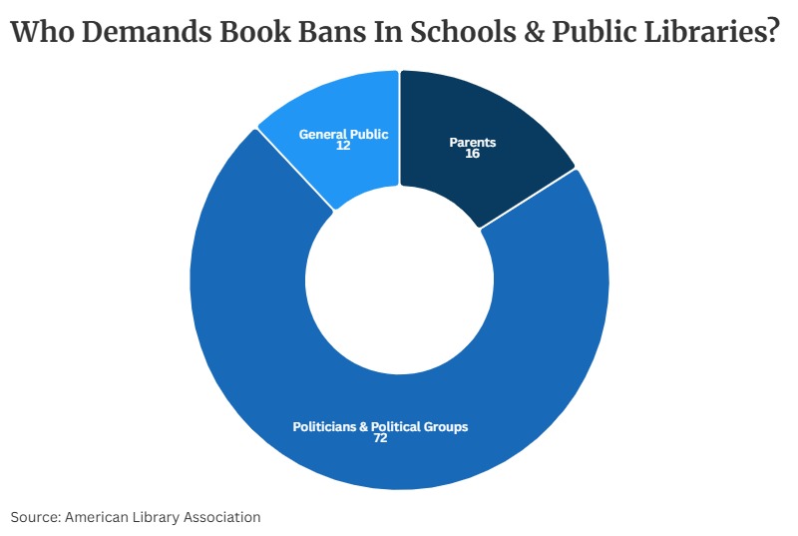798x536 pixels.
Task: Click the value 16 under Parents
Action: [x=473, y=155]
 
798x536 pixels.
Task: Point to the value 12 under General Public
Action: [x=343, y=146]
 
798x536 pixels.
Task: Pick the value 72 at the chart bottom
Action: [x=380, y=438]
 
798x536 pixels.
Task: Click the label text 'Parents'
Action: [x=473, y=143]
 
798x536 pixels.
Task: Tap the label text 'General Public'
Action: [x=343, y=134]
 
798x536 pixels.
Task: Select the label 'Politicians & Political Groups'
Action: [x=380, y=426]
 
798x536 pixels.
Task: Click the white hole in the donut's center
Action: [x=399, y=279]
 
